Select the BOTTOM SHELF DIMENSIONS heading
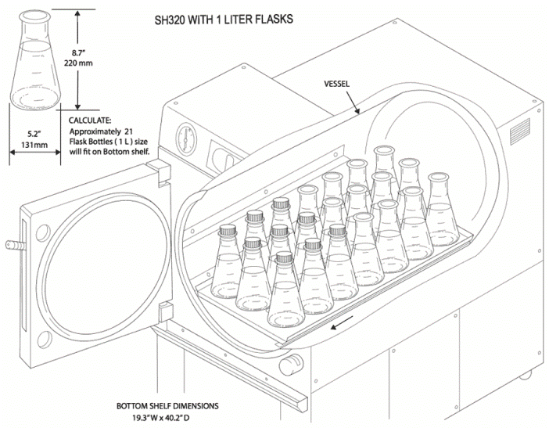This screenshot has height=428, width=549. pos(167,406)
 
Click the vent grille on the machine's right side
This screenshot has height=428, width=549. pos(520,135)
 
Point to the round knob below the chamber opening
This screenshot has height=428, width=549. pos(293,362)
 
